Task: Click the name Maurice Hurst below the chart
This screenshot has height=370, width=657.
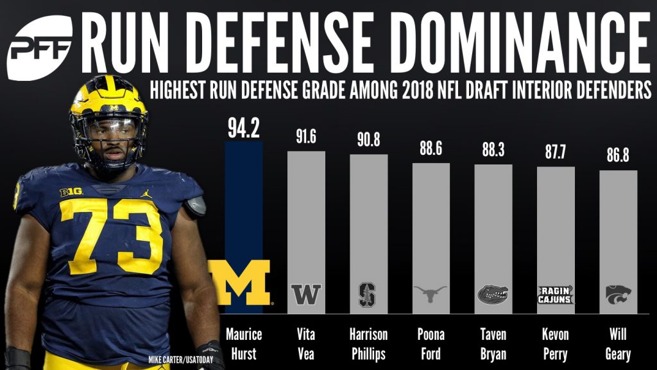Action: pyautogui.click(x=244, y=344)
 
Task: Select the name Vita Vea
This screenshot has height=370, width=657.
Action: pyautogui.click(x=307, y=344)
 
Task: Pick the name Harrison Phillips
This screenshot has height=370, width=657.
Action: pyautogui.click(x=369, y=344)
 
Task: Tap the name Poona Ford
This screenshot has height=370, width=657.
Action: pyautogui.click(x=431, y=344)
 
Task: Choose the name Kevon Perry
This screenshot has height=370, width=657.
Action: pyautogui.click(x=556, y=344)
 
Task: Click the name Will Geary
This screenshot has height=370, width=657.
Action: pyautogui.click(x=619, y=344)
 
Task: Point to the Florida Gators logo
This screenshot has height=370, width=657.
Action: pyautogui.click(x=493, y=294)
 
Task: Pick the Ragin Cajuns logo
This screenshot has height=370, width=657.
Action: pyautogui.click(x=556, y=294)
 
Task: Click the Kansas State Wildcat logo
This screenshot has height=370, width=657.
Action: pyautogui.click(x=619, y=294)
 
